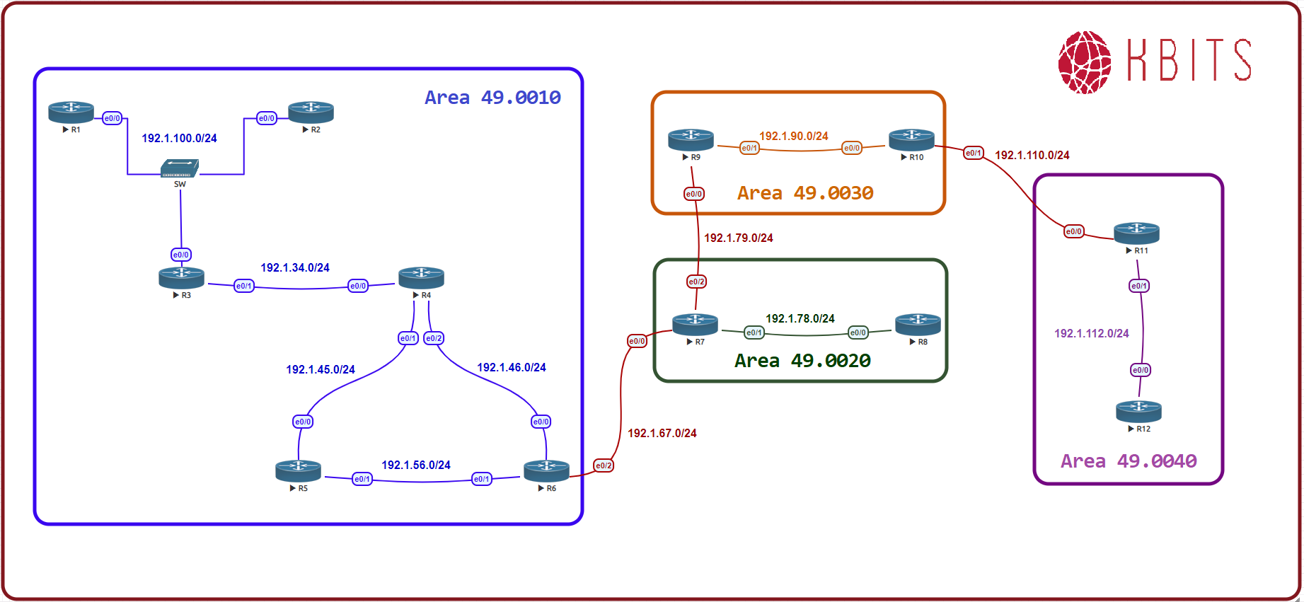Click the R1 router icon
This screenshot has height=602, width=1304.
[x=71, y=112]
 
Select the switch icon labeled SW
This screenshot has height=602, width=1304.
[x=180, y=168]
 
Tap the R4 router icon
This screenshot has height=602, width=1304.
[x=421, y=277]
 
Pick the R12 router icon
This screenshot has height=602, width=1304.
[x=1138, y=411]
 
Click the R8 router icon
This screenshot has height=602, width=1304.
[x=918, y=325]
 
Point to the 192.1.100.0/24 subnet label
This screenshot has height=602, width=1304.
[x=179, y=138]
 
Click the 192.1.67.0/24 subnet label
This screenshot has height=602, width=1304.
[x=662, y=433]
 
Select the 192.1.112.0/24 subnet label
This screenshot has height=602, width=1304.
[x=1091, y=333]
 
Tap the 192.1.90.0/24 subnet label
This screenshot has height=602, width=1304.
[x=793, y=136]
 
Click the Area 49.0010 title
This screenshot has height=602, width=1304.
[x=492, y=98]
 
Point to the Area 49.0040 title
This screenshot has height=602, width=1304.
[x=1129, y=461]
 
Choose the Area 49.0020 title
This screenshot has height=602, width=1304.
[x=802, y=361]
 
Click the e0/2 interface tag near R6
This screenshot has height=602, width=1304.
[x=604, y=465]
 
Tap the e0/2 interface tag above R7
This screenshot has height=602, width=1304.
[x=697, y=282]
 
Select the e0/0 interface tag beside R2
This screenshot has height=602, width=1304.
[x=267, y=118]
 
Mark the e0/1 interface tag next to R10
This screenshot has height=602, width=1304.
[x=974, y=153]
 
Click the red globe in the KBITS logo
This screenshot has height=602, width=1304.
[x=1084, y=62]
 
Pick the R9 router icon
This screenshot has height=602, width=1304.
[x=691, y=139]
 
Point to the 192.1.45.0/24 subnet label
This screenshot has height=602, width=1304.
[x=320, y=369]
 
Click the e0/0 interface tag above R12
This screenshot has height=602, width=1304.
[x=1141, y=370]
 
